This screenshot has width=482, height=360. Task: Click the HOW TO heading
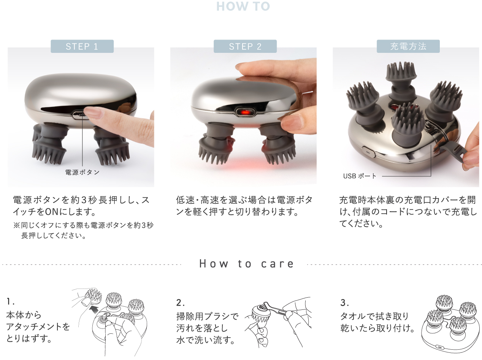[243, 6]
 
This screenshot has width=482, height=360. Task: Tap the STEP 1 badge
[82, 46]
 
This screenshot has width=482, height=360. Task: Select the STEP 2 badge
[245, 46]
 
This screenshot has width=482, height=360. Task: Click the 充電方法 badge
[408, 46]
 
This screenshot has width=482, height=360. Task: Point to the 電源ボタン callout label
[82, 172]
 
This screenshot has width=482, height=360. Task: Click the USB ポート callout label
[360, 176]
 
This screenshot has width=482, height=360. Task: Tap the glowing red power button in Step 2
[246, 113]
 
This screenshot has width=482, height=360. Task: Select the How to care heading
[246, 264]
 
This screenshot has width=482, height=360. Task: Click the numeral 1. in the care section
[10, 301]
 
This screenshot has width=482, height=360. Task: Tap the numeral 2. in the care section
[180, 303]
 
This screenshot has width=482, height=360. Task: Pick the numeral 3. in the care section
[344, 303]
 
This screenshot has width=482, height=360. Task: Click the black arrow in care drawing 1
[94, 310]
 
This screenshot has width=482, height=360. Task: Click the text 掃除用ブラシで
[207, 317]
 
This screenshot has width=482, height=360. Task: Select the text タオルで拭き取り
[374, 316]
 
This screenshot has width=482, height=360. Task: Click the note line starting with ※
[83, 225]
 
